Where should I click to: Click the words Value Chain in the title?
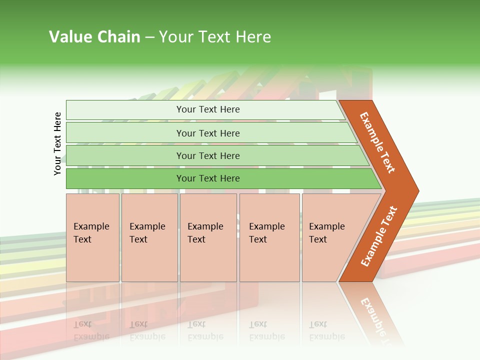coord(94,37)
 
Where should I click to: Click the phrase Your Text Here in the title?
coord(214,37)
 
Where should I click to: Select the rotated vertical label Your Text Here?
coord(57,143)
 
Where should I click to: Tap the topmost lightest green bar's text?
coord(208,109)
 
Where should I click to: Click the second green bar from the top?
coord(208,133)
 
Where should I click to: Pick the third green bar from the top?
coord(208,155)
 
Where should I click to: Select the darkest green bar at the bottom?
coord(208,178)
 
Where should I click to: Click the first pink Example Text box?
coord(92,237)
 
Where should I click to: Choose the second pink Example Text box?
coord(149,237)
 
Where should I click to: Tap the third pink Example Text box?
coord(207,237)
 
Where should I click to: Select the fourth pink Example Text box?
coord(269,237)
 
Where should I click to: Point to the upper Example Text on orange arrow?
coord(377,142)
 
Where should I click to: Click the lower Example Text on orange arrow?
coord(378,236)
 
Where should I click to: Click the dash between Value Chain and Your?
coord(149,37)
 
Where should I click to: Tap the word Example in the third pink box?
coord(205,226)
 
